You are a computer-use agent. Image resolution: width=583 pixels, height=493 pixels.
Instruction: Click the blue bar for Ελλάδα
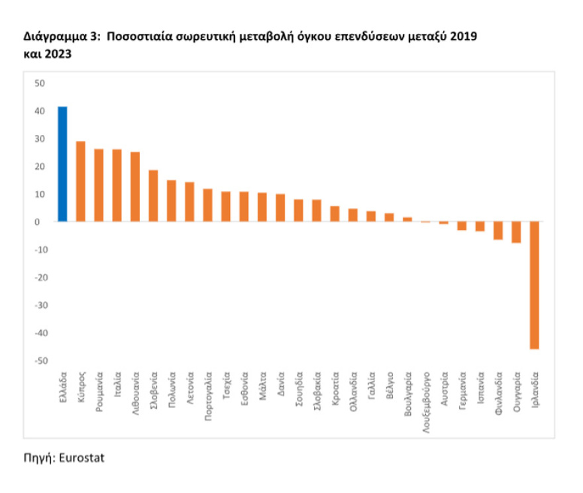[62, 164]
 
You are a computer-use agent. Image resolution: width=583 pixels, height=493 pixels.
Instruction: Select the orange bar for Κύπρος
[81, 181]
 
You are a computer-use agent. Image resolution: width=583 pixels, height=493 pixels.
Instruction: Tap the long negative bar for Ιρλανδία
[534, 285]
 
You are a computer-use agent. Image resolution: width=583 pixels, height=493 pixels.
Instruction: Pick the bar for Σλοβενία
[153, 195]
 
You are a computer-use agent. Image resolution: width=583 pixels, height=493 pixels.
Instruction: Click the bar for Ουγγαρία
[516, 233]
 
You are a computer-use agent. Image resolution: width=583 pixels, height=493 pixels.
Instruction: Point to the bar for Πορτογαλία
[207, 205]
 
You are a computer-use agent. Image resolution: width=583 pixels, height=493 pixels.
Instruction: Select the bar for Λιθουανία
[135, 186]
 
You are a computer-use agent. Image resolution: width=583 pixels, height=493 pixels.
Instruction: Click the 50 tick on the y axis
[40, 83]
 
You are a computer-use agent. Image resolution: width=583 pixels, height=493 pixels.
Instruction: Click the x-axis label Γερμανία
[462, 394]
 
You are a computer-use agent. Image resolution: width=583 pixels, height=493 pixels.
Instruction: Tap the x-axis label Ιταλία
[117, 388]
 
